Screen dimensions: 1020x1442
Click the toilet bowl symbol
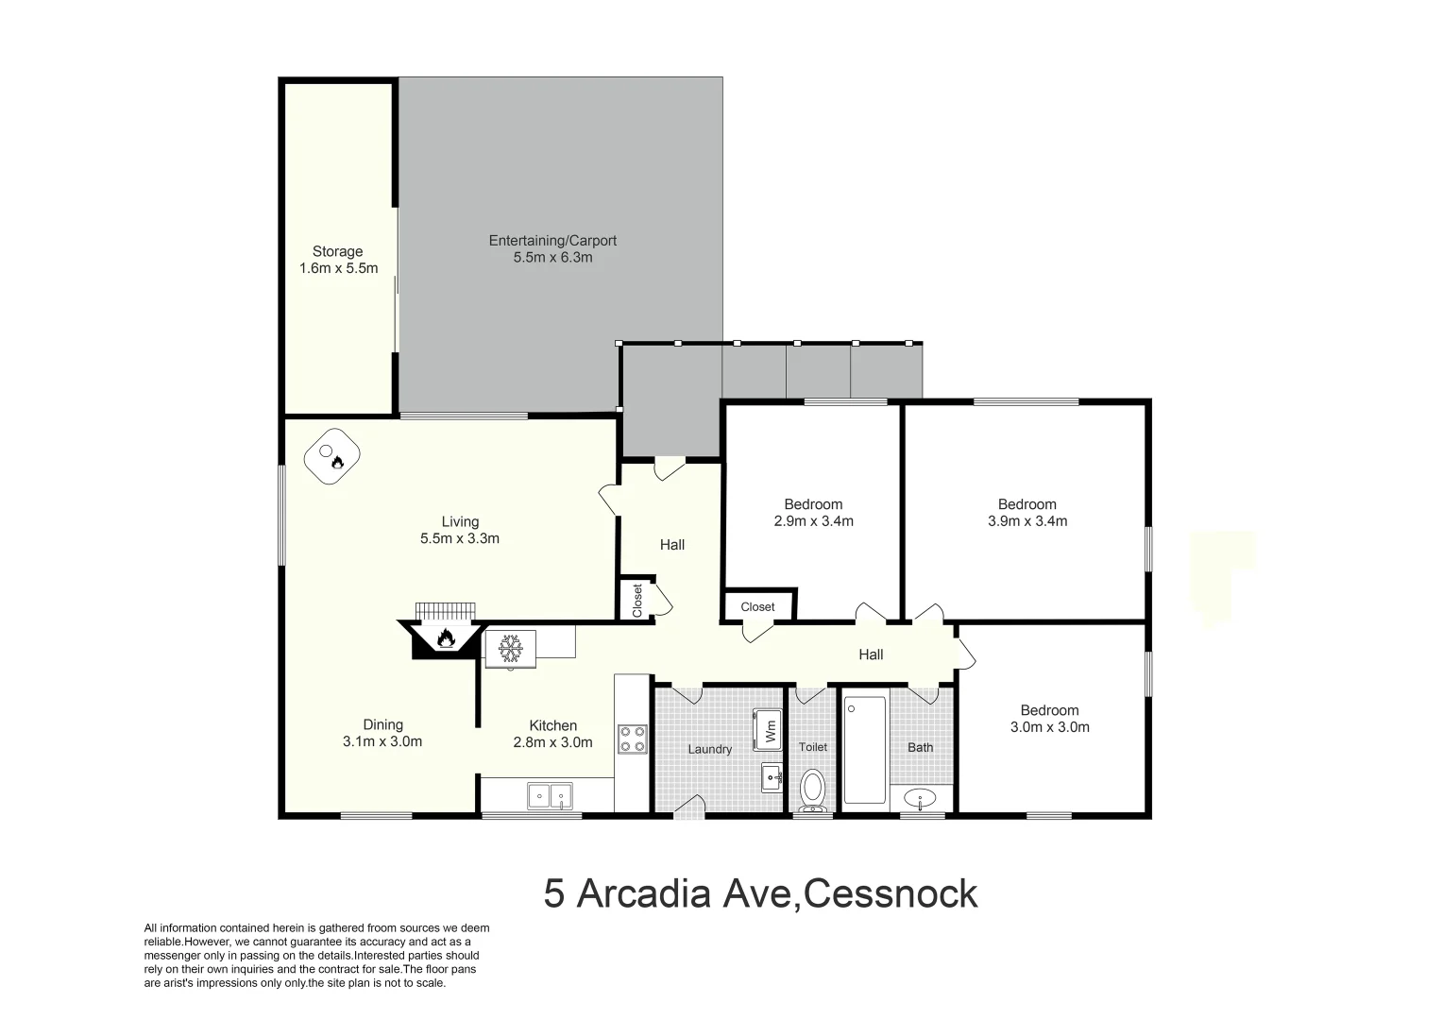(812, 790)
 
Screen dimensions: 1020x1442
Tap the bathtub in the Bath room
(864, 750)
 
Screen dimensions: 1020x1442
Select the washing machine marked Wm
(768, 729)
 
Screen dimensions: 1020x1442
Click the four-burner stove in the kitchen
(632, 739)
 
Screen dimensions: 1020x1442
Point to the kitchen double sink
(550, 797)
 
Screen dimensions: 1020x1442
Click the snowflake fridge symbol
(511, 649)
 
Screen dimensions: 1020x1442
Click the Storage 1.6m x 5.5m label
(338, 260)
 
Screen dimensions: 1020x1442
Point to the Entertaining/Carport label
(552, 248)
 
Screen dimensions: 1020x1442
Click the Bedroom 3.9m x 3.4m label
(1026, 512)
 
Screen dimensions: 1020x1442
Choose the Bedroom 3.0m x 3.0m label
(1049, 719)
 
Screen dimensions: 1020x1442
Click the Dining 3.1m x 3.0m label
(382, 733)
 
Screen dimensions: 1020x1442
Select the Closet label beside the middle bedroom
(757, 607)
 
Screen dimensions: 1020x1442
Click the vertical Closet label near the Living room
(637, 601)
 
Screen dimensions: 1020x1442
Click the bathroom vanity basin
(920, 799)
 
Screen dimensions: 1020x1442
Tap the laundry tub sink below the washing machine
(772, 779)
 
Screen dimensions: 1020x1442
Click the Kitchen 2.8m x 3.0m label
(552, 734)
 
